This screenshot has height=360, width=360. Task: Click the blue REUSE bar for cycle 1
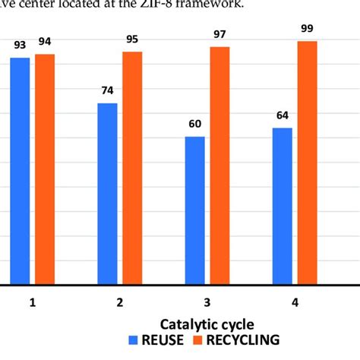[x=20, y=171]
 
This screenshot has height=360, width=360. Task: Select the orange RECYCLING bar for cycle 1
[x=45, y=169]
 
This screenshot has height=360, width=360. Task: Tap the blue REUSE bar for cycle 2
[x=107, y=194]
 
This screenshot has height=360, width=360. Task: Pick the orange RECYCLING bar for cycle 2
[x=132, y=168]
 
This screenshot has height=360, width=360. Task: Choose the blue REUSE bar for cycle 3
[x=194, y=210]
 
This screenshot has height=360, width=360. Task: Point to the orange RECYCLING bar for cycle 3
[x=220, y=166]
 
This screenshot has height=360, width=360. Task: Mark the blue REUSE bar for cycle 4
[x=283, y=206]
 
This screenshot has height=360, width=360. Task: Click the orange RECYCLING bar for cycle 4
[x=308, y=163]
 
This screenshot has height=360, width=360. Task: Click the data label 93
[x=20, y=48]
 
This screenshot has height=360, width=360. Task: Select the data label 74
[x=107, y=92]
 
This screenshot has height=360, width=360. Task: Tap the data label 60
[x=195, y=125]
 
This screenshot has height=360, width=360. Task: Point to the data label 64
[x=283, y=116]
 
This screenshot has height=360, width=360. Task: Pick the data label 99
[x=308, y=30]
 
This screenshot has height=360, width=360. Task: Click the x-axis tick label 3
[x=207, y=302]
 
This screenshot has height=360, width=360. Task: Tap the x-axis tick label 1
[x=33, y=302]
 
